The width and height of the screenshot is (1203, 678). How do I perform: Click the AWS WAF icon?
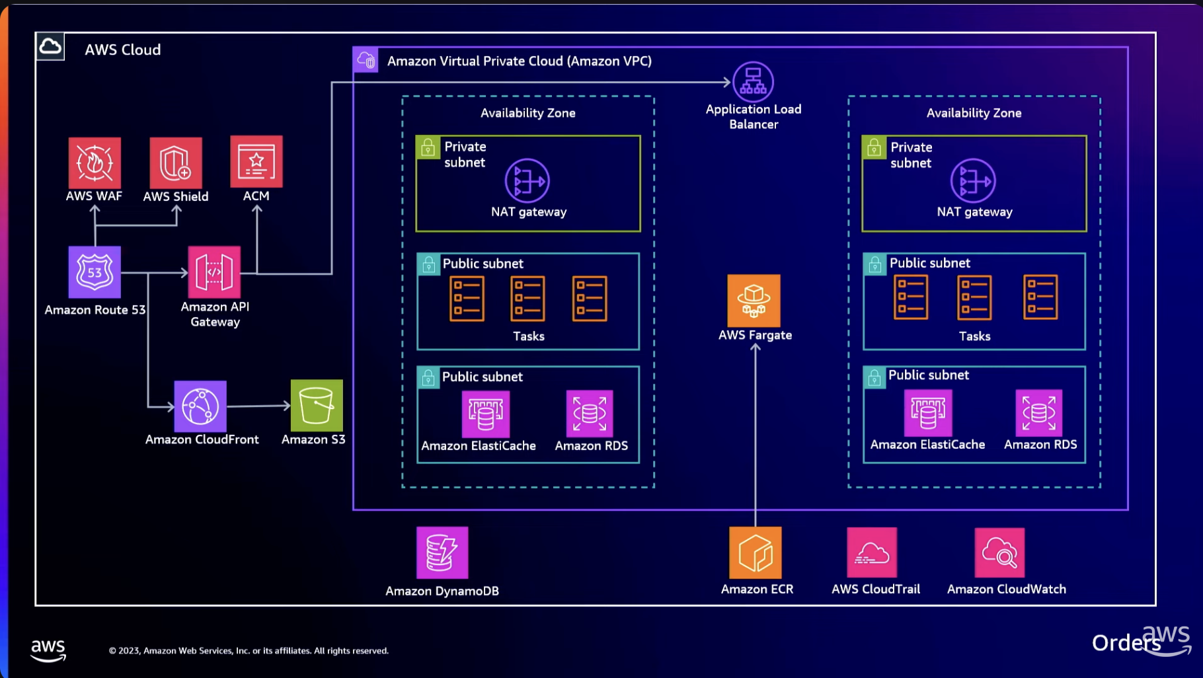point(95,163)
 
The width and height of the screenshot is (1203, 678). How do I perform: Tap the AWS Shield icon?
point(176,163)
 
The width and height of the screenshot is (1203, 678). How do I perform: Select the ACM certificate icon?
point(256,162)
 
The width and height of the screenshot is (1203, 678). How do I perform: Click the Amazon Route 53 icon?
point(95,272)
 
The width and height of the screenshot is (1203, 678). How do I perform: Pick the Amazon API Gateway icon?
point(214,272)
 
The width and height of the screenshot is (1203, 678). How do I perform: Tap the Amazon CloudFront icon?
point(200,406)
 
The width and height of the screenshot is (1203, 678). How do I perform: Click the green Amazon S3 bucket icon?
point(317,405)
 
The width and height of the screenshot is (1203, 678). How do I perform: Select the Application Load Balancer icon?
point(753,82)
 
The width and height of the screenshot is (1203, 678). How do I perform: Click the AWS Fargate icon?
point(754,301)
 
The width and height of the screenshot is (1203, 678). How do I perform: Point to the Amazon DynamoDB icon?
point(442,552)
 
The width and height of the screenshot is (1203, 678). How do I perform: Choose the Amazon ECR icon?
point(756,552)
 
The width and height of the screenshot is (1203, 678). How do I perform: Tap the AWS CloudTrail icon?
point(872,552)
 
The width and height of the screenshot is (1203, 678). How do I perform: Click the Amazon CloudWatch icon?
point(999,552)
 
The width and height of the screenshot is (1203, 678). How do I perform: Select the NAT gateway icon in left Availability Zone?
point(527,180)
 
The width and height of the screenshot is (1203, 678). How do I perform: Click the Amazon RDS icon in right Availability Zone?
point(1038,413)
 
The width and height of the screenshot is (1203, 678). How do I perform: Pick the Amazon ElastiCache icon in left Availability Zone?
point(485,414)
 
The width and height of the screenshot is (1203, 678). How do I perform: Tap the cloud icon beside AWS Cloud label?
point(50,47)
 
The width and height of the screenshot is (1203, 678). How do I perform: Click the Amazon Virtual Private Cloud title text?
point(519,61)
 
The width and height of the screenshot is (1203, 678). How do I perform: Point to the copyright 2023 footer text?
point(249,651)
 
